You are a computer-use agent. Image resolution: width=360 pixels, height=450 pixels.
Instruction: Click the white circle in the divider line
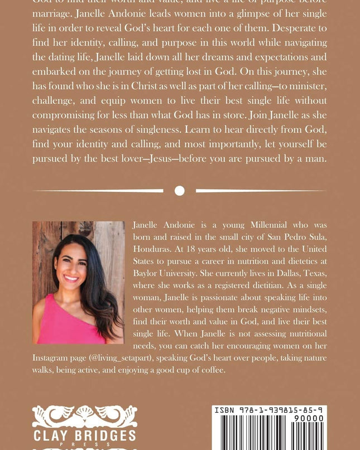pyautogui.click(x=179, y=191)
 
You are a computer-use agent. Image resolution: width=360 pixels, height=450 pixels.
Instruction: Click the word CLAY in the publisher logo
pyautogui.click(x=54, y=436)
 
